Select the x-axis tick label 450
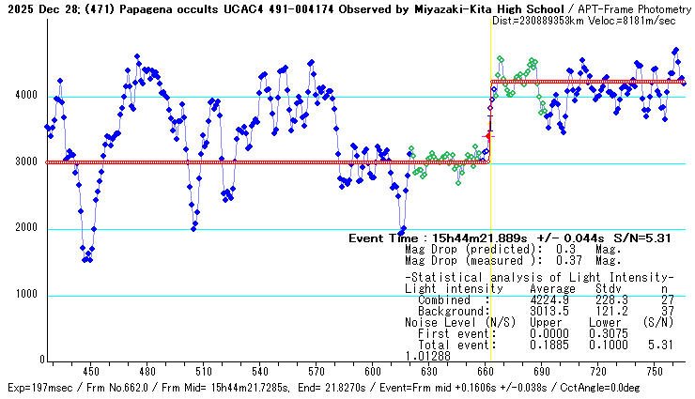pos(91,370)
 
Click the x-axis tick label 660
pos(485,370)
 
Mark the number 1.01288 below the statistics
pos(428,356)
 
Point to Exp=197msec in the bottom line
pos(39,388)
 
